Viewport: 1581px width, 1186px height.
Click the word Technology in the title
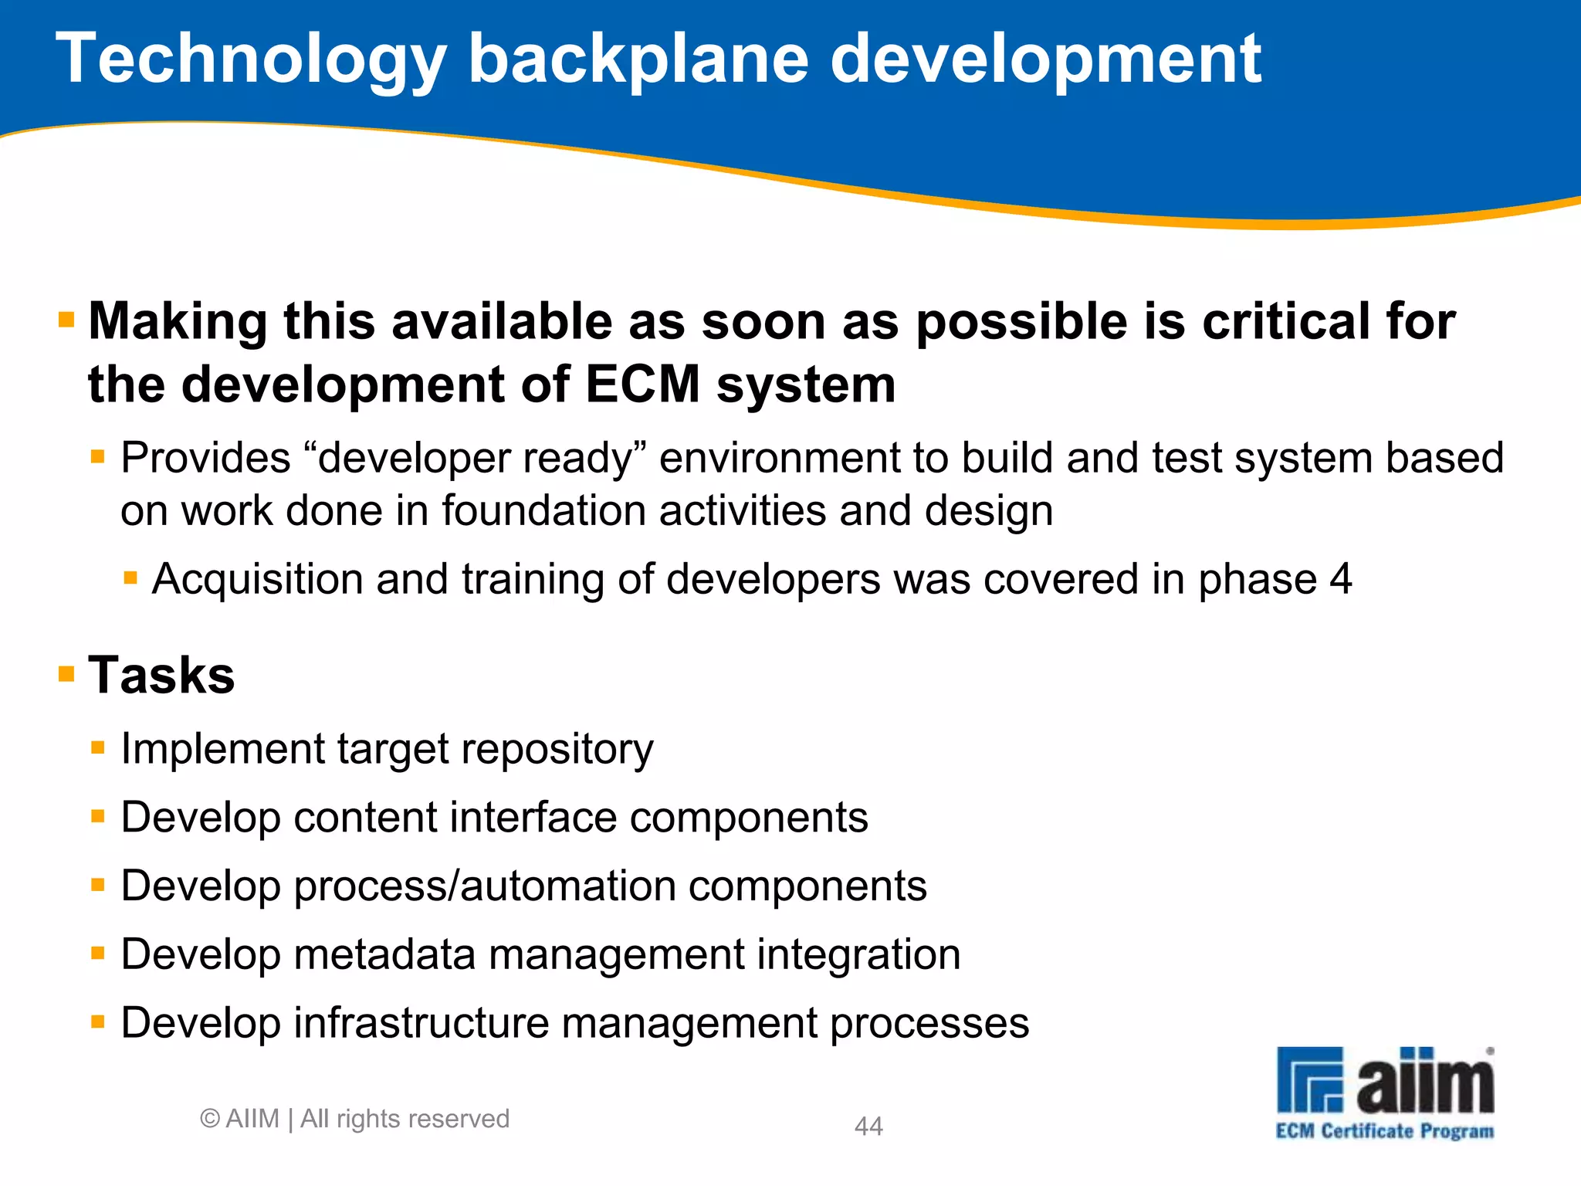tap(251, 60)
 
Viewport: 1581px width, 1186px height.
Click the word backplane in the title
tap(638, 60)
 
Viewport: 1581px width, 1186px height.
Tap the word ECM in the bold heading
tap(642, 385)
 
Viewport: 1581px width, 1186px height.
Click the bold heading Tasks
tap(161, 675)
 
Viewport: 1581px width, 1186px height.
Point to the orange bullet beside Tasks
tap(66, 674)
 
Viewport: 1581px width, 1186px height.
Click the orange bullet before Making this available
tap(66, 320)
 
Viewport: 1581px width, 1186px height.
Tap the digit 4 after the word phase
tap(1340, 579)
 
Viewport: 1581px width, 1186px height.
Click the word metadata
tap(384, 954)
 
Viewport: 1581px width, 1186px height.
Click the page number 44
tap(868, 1126)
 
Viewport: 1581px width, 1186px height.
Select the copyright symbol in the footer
tap(209, 1119)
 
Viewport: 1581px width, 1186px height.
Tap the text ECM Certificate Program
tap(1384, 1131)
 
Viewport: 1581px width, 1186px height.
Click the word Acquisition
tap(257, 579)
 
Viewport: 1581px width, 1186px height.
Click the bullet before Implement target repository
tap(97, 747)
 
